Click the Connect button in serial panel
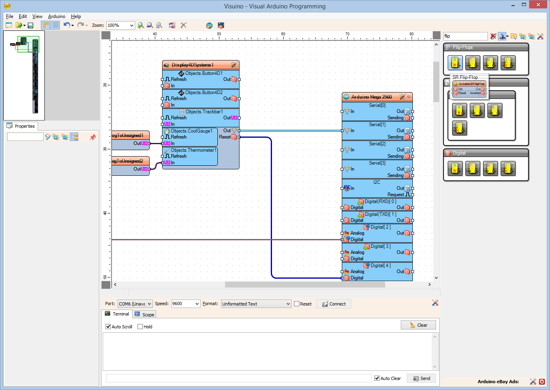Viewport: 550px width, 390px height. pos(334,304)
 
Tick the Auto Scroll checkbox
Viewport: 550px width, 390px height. pos(108,327)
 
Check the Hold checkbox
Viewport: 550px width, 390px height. pos(140,327)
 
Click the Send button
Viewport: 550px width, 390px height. pos(421,378)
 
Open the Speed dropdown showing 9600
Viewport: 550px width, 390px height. pos(185,304)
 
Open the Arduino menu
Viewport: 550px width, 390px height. pos(57,16)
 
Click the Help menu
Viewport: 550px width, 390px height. pos(76,16)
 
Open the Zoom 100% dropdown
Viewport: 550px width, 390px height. pos(120,25)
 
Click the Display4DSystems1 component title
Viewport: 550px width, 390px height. pos(193,65)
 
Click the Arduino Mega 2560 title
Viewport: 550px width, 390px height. pos(371,97)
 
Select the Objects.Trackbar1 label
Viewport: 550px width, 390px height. pos(204,112)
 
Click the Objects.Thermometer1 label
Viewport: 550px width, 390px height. pos(193,150)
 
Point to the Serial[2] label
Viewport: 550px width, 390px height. pos(377,144)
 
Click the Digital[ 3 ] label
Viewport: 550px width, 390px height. pos(380,246)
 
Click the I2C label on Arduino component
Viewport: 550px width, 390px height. pos(377,182)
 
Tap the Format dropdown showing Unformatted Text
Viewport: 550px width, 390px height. pos(256,304)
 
